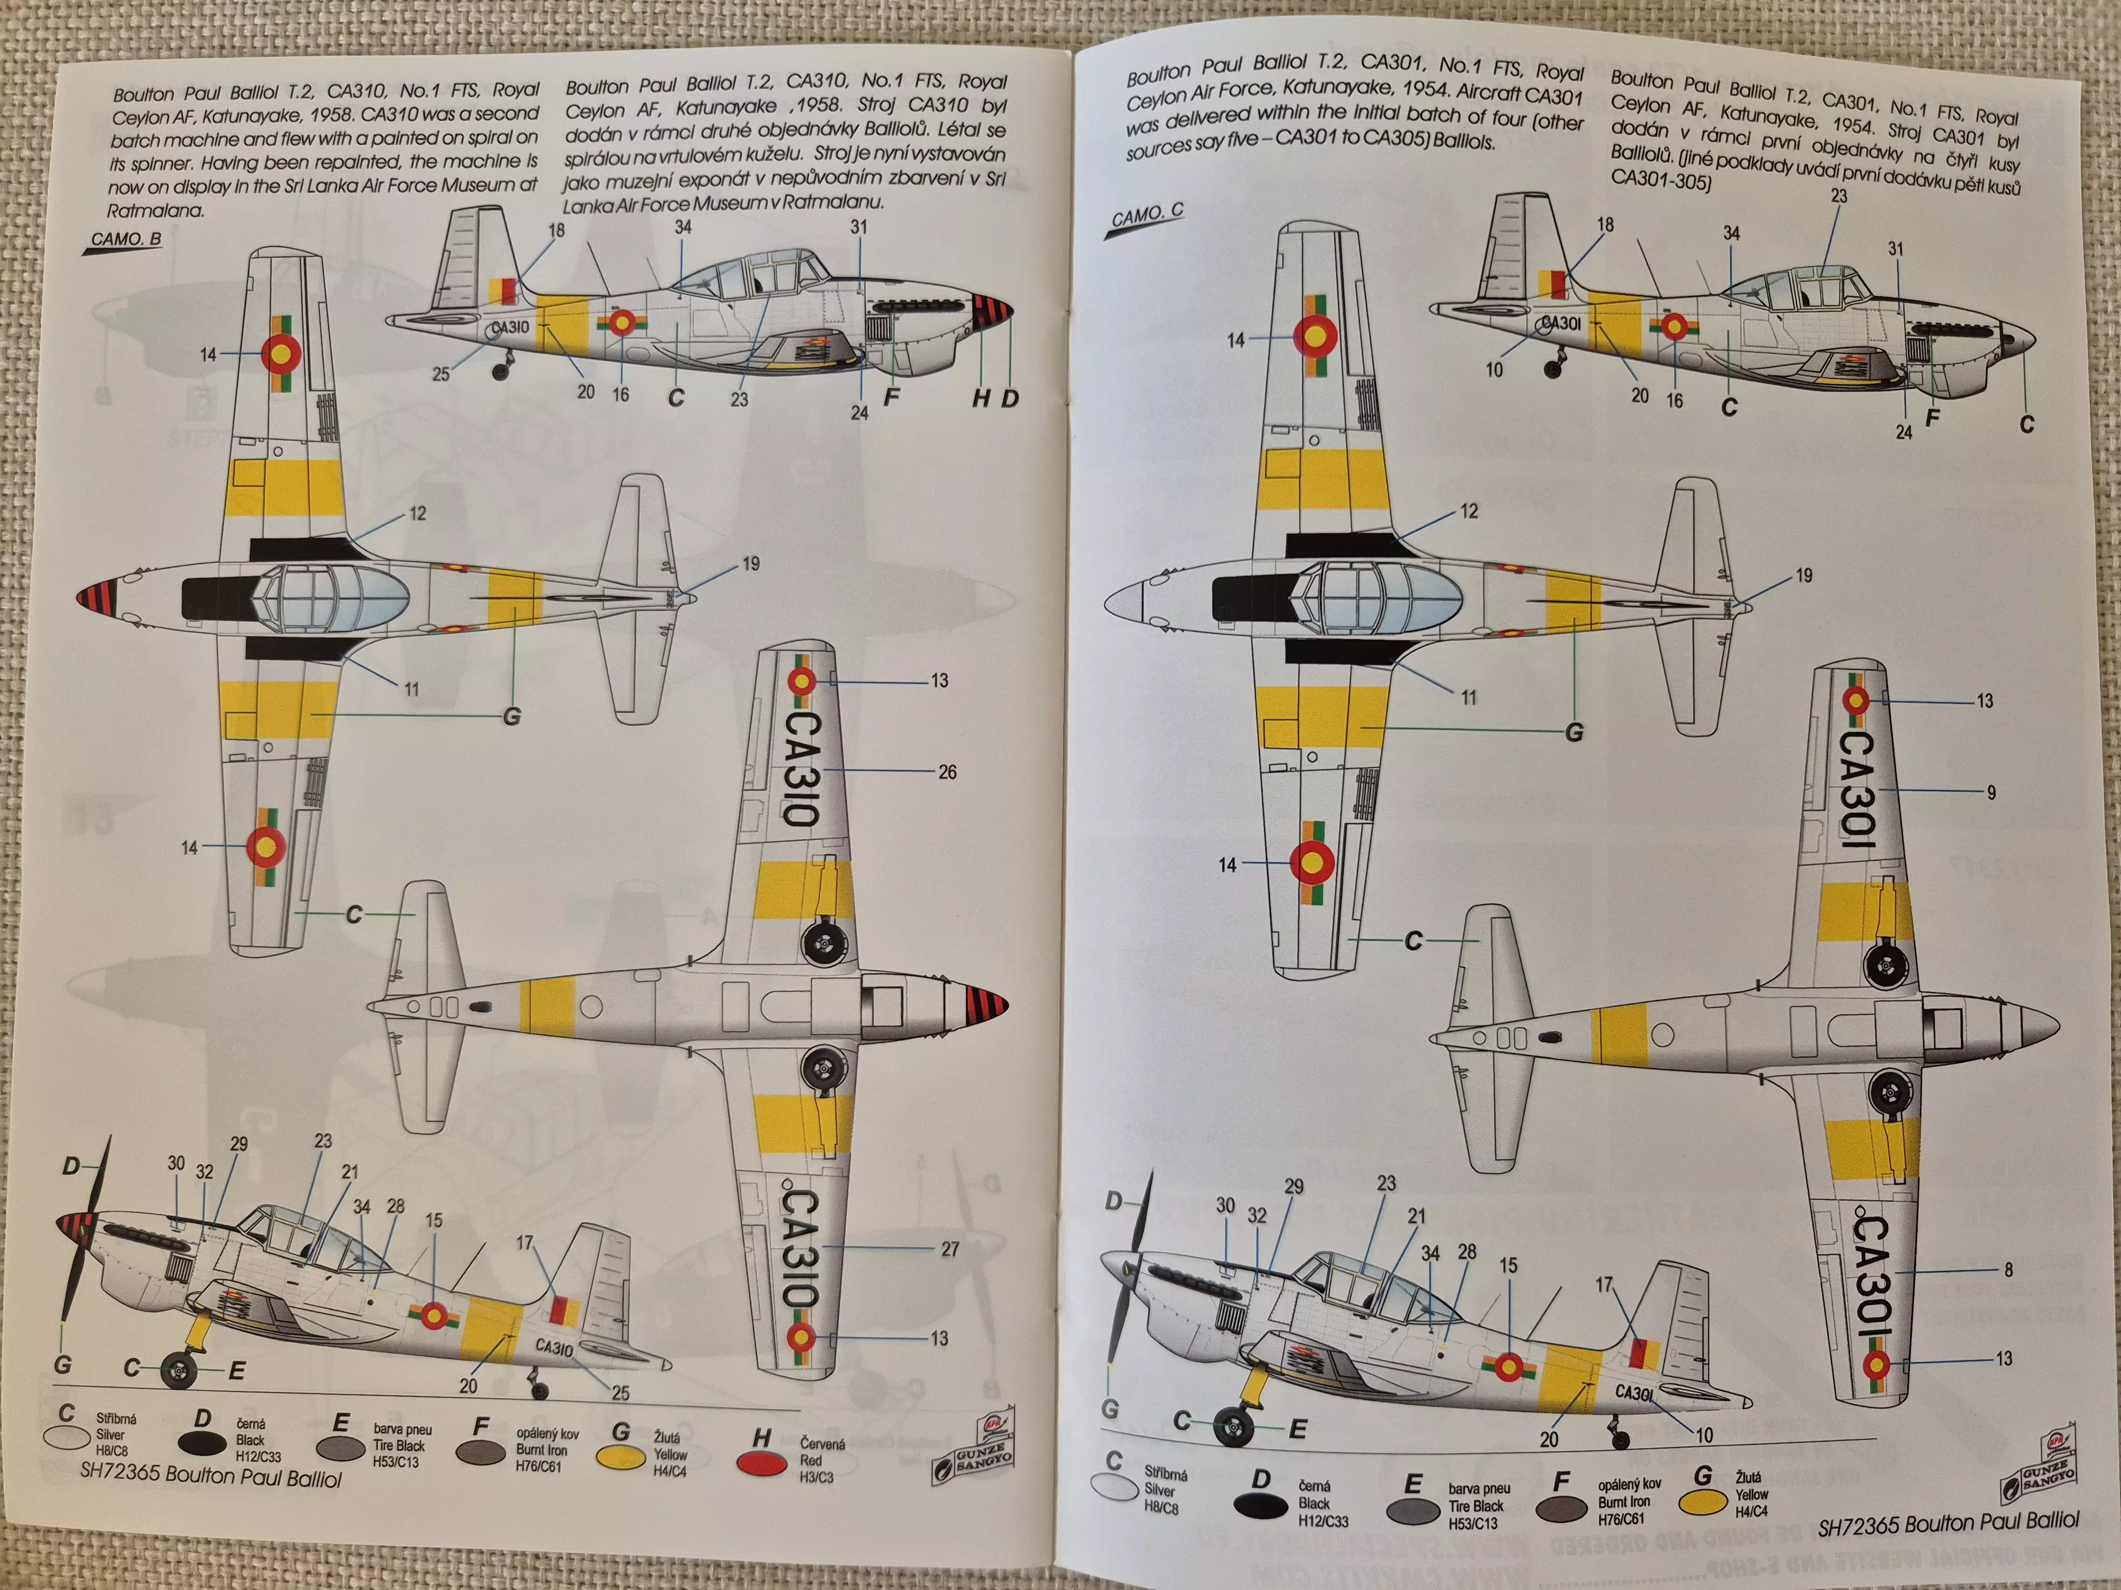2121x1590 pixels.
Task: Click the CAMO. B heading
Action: pyautogui.click(x=126, y=238)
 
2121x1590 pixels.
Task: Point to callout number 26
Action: pyautogui.click(x=946, y=772)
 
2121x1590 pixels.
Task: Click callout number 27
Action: pyautogui.click(x=949, y=1249)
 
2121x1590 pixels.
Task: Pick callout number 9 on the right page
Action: pyautogui.click(x=1991, y=792)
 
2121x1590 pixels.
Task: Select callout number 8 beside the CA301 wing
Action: pyautogui.click(x=2008, y=1270)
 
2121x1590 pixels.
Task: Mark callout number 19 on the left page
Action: pyautogui.click(x=751, y=563)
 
